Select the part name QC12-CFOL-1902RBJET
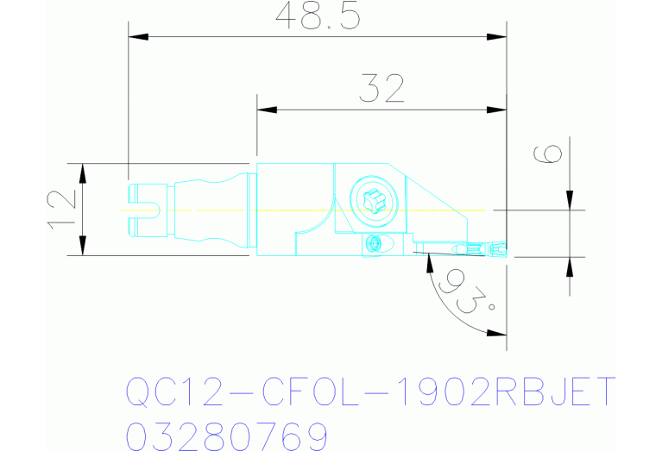pos(371,393)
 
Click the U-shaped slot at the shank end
pos(147,209)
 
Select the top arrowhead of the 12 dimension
pos(82,171)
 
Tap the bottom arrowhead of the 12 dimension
pos(82,247)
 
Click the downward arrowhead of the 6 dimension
pos(570,201)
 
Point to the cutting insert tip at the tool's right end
pos(504,251)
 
